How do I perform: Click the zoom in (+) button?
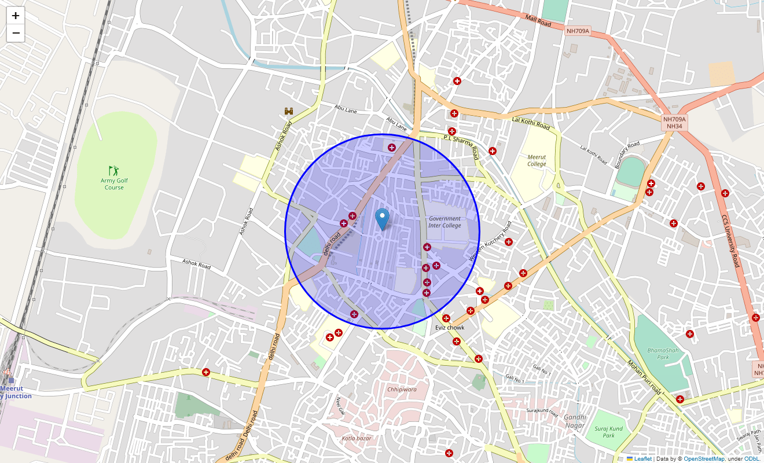(x=16, y=16)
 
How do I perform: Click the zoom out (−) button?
(x=16, y=34)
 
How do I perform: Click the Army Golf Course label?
(x=114, y=184)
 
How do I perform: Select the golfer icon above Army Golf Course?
(x=114, y=170)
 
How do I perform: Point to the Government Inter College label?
(x=445, y=222)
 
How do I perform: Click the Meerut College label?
(x=537, y=160)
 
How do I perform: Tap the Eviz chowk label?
(x=450, y=328)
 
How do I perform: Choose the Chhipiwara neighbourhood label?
(x=402, y=389)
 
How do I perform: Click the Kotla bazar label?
(x=356, y=438)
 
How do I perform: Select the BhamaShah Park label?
(x=658, y=353)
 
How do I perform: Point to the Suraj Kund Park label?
(x=608, y=432)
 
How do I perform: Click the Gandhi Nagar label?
(x=575, y=421)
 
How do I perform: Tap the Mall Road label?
(x=538, y=21)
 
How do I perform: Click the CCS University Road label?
(x=730, y=241)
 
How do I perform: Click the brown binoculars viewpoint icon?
(x=289, y=111)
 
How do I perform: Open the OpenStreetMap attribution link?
(x=703, y=459)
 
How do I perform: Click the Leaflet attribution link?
(x=642, y=459)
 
